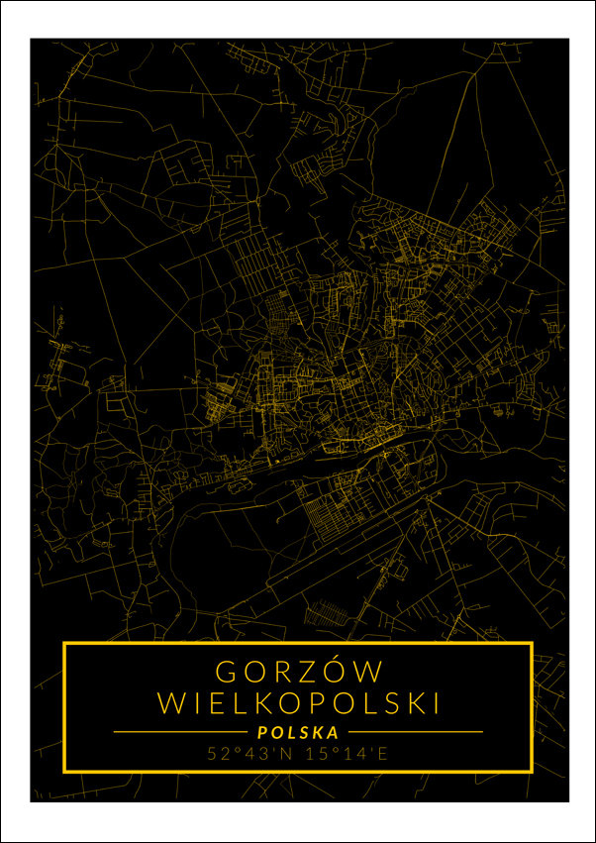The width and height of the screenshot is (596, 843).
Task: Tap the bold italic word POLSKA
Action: tap(298, 732)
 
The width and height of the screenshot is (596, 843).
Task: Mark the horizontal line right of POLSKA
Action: tap(414, 732)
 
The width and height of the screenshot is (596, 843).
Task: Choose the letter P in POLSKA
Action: tap(261, 732)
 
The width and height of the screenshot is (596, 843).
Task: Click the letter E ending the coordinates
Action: tap(383, 754)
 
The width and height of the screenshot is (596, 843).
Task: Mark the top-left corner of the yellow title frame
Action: tap(64, 644)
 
